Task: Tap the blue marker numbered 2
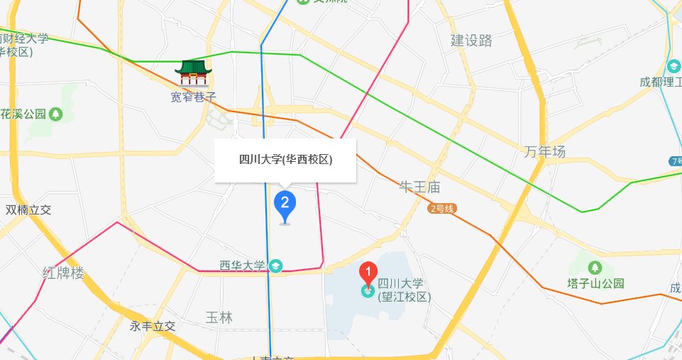[x=285, y=204]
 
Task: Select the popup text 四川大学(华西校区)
[x=285, y=160]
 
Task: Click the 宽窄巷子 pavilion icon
[x=193, y=73]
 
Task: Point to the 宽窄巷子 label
[x=193, y=97]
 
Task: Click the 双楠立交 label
[x=28, y=210]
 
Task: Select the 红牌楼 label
[x=63, y=273]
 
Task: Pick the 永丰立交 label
[x=152, y=327]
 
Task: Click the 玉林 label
[x=219, y=317]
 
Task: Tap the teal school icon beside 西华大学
[x=275, y=266]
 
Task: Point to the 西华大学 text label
[x=242, y=266]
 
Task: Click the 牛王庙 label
[x=420, y=187]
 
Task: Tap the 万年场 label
[x=545, y=151]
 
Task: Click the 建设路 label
[x=471, y=40]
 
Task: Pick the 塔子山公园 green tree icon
[x=595, y=268]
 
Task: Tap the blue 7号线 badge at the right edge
[x=675, y=161]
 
